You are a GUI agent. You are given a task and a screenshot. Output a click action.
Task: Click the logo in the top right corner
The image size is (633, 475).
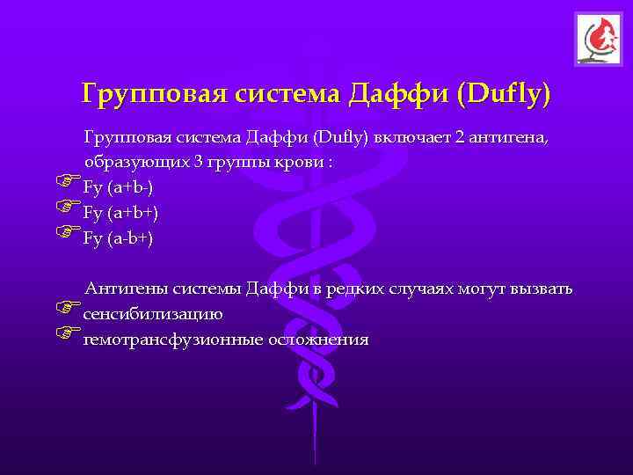point(598,40)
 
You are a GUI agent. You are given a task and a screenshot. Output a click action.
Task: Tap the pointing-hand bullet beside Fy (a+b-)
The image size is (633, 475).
point(67,184)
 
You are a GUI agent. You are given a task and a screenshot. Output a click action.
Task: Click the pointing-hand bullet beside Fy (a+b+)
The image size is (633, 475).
point(67,208)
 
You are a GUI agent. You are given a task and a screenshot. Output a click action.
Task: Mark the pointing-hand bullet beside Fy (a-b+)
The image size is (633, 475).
point(67,233)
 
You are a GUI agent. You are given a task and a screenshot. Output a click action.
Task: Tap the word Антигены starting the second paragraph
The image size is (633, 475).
point(121,289)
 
